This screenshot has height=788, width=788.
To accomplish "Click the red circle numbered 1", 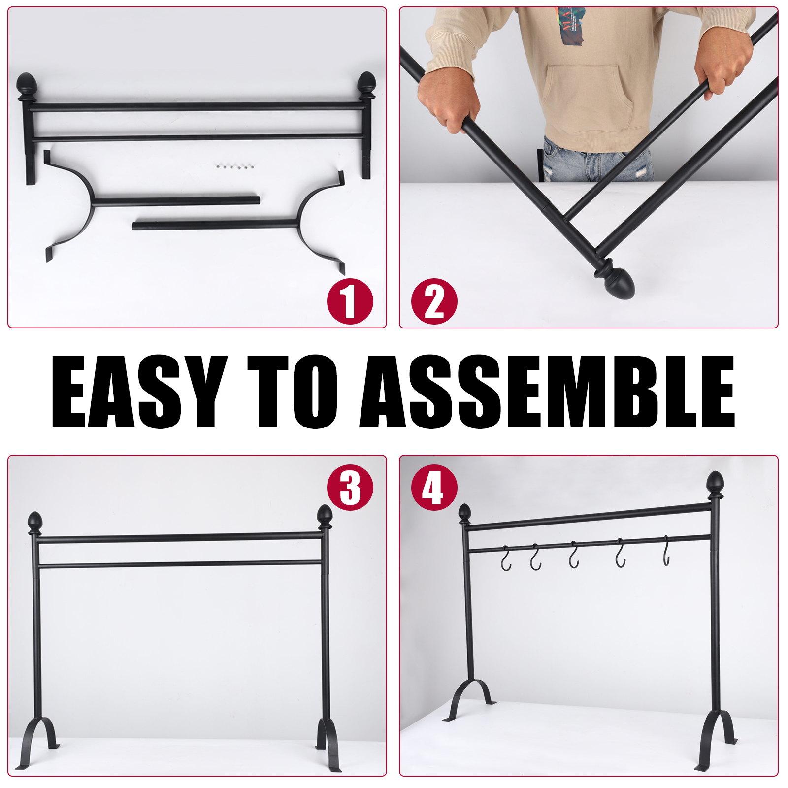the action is [x=350, y=301].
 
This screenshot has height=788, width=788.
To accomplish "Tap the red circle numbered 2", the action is [x=434, y=301].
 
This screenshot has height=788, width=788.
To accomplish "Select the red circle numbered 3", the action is [x=350, y=488].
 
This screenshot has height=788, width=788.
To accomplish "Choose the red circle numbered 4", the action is [x=434, y=488].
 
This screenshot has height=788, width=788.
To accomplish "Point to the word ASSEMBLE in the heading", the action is [x=547, y=392].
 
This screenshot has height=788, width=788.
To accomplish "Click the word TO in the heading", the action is [x=293, y=392].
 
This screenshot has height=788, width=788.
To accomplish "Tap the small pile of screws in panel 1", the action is [x=234, y=166].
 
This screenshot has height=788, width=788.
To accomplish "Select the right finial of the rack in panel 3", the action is [x=325, y=517].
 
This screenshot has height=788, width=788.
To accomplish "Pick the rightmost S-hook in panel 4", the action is [x=666, y=551].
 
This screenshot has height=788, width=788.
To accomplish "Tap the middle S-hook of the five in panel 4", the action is [x=574, y=555].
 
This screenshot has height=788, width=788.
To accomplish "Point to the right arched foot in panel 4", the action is [x=717, y=739].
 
